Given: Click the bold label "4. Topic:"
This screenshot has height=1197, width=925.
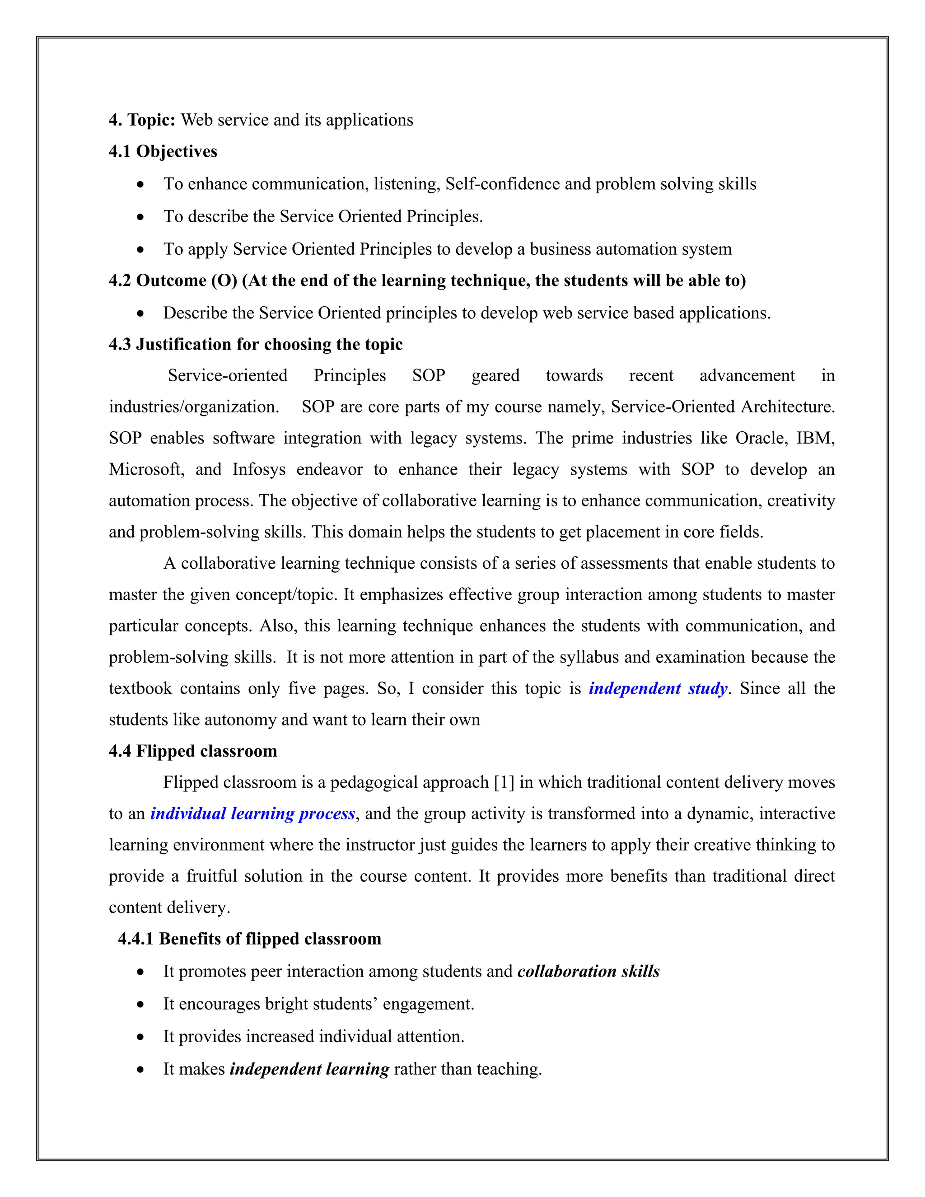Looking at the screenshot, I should coord(142,120).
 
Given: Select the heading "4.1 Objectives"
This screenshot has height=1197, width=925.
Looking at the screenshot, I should coord(163,151).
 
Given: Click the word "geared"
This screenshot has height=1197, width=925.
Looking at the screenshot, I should coord(495,375).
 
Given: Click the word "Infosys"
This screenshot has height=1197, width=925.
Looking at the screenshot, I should coord(259,470).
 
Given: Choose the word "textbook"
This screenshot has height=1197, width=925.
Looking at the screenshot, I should coord(140,688).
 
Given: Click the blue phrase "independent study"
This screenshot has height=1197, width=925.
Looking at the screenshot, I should coord(658,688).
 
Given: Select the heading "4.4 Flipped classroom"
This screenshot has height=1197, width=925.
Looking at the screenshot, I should coord(193,751).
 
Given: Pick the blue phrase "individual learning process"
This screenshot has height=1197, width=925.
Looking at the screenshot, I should coord(252,814).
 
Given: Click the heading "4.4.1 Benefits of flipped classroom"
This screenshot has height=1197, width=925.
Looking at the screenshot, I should coord(249,939).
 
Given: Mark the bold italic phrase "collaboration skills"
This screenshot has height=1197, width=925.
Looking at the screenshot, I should coord(588,972).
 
